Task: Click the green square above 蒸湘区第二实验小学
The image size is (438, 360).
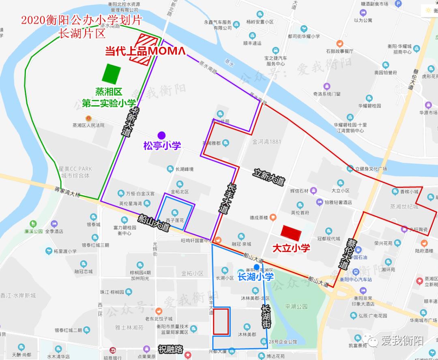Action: tap(112, 74)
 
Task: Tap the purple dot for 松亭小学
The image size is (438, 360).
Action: tap(161, 135)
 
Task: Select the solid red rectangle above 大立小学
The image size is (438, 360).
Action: tap(292, 233)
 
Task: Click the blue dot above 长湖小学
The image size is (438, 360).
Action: tap(256, 267)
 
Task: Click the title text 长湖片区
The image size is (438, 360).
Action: tap(82, 33)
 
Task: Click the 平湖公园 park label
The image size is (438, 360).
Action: tap(296, 306)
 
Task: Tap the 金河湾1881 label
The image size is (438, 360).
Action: tap(267, 142)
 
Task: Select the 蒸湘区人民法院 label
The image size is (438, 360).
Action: tap(88, 125)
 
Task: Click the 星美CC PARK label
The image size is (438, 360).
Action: tap(75, 169)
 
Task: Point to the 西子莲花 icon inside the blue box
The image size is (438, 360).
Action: tap(175, 212)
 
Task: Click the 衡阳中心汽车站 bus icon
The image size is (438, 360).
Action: tap(356, 272)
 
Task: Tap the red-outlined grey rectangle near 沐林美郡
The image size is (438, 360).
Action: tap(221, 321)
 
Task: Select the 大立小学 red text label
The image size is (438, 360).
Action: tap(291, 248)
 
